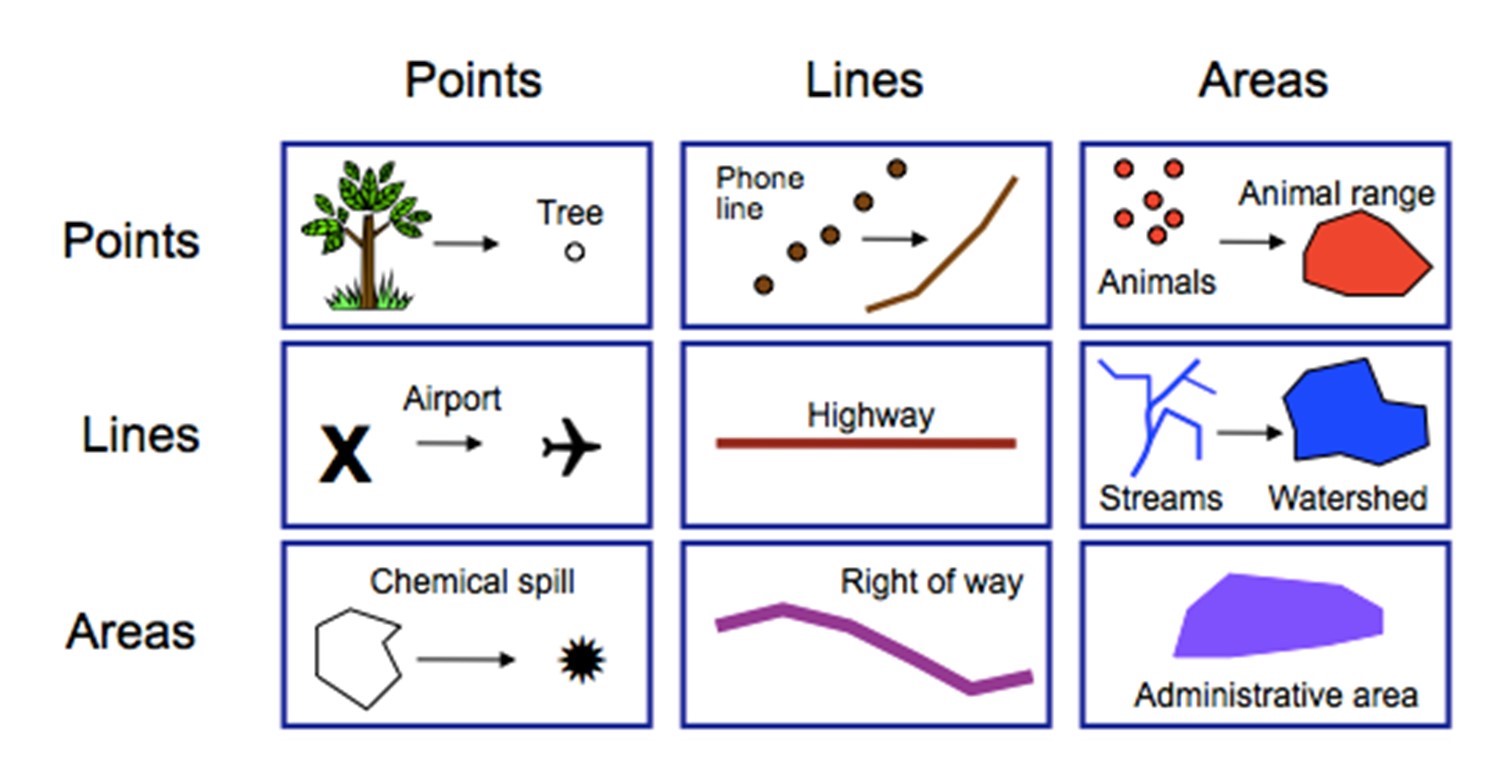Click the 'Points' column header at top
click(473, 79)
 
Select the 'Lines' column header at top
click(864, 79)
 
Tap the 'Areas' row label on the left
click(130, 632)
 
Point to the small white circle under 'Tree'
click(574, 252)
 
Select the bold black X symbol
click(345, 454)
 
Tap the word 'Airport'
click(452, 399)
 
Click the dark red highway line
click(866, 443)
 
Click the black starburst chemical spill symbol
click(582, 660)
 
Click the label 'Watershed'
click(1347, 497)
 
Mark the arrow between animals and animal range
click(1251, 241)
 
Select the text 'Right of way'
click(932, 581)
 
